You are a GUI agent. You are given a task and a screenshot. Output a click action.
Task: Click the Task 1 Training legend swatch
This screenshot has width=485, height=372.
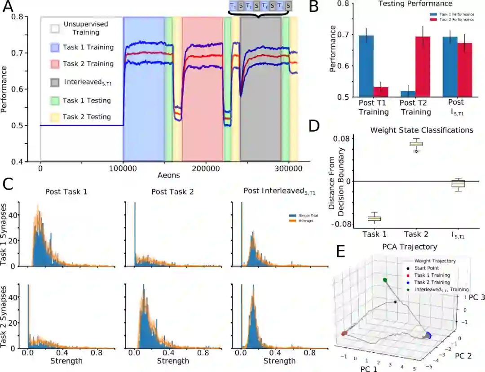[x=55, y=47]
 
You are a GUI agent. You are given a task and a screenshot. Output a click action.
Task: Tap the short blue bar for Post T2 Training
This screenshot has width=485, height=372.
[x=407, y=94]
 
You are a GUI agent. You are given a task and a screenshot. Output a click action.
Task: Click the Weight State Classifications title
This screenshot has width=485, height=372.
[x=421, y=130]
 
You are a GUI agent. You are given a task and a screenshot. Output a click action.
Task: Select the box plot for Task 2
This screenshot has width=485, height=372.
[x=416, y=144]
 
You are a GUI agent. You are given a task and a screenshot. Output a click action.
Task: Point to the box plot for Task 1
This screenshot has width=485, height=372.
[x=374, y=218]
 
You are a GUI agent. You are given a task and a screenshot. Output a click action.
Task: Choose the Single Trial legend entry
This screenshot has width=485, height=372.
[x=300, y=216]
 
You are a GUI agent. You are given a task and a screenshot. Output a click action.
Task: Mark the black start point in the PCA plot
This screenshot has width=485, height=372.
[x=395, y=302]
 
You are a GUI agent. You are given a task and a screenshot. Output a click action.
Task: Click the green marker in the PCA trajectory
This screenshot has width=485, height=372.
[x=385, y=280]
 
